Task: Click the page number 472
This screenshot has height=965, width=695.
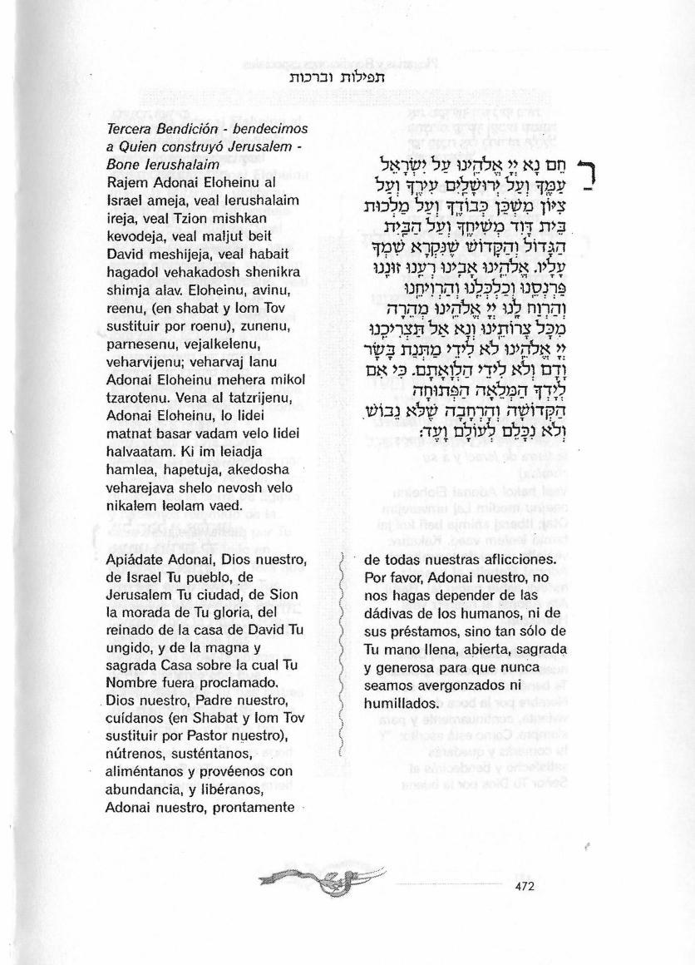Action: [x=525, y=886]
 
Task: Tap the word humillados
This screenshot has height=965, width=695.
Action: [x=402, y=702]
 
